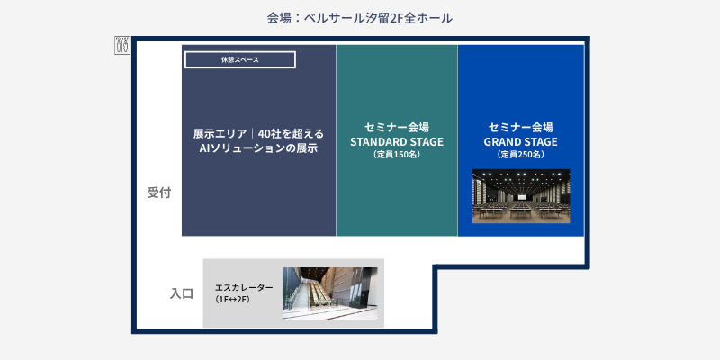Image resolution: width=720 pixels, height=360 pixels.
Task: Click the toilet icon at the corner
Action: click(x=123, y=45)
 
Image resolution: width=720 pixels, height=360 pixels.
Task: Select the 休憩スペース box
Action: click(x=240, y=59)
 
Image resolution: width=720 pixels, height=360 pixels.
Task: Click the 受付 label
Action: click(x=159, y=193)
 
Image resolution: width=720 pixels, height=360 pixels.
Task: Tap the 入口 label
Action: click(x=182, y=293)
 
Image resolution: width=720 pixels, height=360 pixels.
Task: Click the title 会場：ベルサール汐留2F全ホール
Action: click(x=359, y=17)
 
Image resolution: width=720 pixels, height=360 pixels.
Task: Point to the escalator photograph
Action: click(x=329, y=293)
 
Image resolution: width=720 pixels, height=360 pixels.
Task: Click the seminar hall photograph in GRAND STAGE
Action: click(x=521, y=195)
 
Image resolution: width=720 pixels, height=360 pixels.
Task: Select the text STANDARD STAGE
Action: click(x=397, y=141)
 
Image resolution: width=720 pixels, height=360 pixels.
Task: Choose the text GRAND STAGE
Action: click(x=520, y=141)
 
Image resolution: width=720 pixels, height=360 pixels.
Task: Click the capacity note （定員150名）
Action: click(x=397, y=155)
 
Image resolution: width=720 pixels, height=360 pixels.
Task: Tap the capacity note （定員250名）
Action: click(x=520, y=155)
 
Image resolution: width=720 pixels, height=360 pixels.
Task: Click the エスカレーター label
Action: click(x=244, y=287)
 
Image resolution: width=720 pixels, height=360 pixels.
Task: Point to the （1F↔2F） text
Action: click(x=232, y=299)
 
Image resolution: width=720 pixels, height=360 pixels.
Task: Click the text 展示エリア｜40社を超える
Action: click(x=258, y=134)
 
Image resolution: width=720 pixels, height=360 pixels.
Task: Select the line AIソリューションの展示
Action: click(x=258, y=148)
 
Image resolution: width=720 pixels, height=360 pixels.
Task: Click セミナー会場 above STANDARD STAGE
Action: click(x=397, y=127)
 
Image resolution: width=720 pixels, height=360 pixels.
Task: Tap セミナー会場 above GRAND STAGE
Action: click(x=520, y=127)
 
